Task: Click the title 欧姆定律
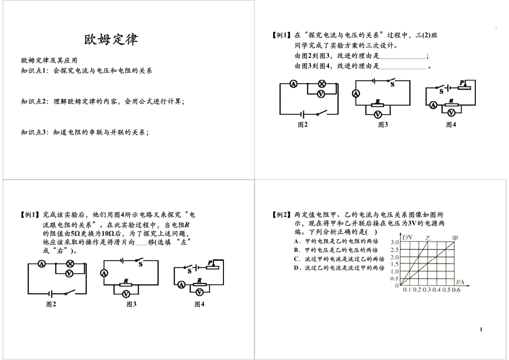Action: click(x=111, y=40)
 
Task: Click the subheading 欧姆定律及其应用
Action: click(x=49, y=61)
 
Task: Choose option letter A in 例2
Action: click(x=296, y=241)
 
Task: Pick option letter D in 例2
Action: click(x=296, y=268)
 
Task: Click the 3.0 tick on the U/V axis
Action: click(x=394, y=242)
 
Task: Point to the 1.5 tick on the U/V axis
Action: click(x=394, y=264)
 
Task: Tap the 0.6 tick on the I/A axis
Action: click(x=456, y=290)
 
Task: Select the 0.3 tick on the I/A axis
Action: click(x=426, y=290)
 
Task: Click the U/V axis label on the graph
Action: click(x=407, y=237)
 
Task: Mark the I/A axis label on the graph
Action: click(x=460, y=281)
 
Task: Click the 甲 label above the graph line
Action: click(x=455, y=238)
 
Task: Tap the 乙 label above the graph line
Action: click(x=428, y=238)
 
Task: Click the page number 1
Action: click(x=481, y=329)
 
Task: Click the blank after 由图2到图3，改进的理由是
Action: click(x=402, y=56)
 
